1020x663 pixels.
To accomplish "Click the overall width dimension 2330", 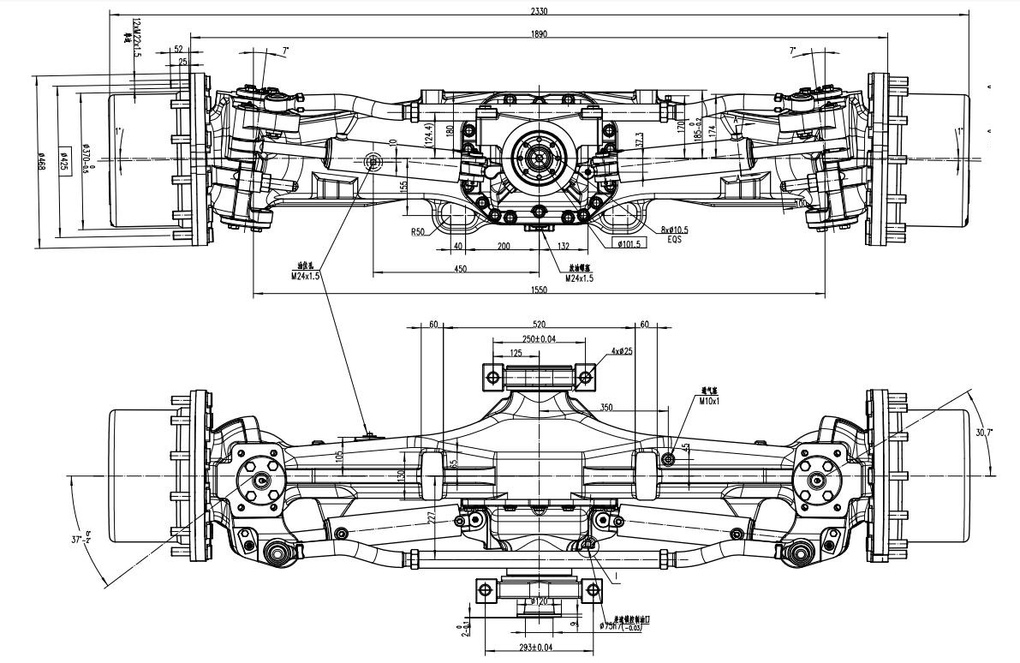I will [x=539, y=11].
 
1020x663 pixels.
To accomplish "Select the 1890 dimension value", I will [x=539, y=34].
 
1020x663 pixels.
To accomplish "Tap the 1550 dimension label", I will [x=539, y=290].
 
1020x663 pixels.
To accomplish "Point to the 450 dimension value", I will [x=460, y=269].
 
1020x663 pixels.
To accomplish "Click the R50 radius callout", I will [x=418, y=232].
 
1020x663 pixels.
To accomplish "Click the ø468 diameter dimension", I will [x=41, y=161].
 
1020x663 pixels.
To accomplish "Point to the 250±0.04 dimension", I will [x=539, y=339].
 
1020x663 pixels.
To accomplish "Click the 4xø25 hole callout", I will [x=622, y=352].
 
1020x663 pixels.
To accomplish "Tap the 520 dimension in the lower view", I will [x=539, y=325].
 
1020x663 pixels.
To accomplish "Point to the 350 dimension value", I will [x=606, y=409].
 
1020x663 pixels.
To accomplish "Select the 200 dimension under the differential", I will [x=504, y=246].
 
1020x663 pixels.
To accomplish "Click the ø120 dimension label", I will [x=539, y=601].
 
